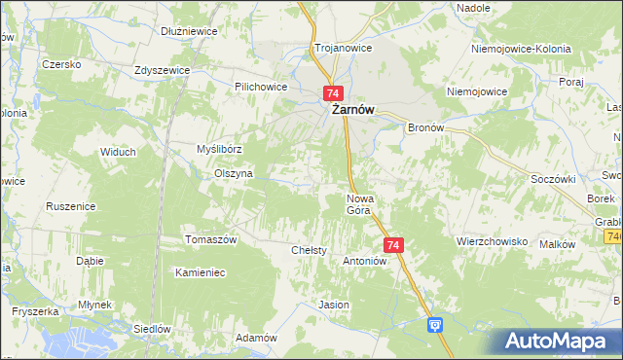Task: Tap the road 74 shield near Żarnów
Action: (333, 93)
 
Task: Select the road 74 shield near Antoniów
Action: (393, 246)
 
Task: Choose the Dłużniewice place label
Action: (189, 31)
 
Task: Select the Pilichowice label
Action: (260, 86)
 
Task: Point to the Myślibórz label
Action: (219, 149)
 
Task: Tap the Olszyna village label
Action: (234, 173)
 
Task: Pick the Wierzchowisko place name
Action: (492, 240)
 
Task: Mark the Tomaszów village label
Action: (211, 239)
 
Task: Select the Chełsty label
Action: (309, 250)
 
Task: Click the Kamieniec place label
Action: (200, 272)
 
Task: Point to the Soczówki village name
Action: (553, 179)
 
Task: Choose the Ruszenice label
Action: (70, 206)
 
